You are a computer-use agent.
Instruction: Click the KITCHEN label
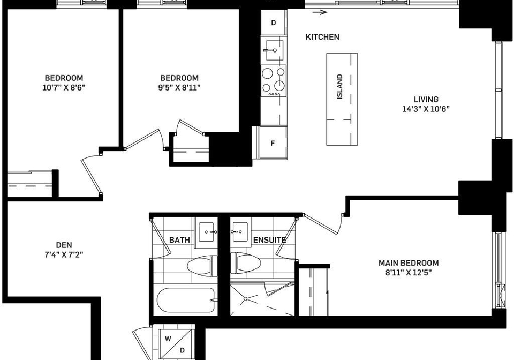pos(322,37)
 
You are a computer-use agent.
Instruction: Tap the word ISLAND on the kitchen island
pos(339,87)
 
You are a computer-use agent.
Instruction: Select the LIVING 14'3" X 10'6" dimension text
pos(426,104)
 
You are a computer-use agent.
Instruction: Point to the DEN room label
pos(64,245)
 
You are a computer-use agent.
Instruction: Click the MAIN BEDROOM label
pos(409,263)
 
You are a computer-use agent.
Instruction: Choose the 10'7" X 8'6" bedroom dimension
pos(64,87)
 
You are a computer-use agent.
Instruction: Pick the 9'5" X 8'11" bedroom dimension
pos(179,87)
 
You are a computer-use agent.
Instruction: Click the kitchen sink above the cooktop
pos(274,50)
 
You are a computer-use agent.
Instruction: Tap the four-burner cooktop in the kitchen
pos(274,81)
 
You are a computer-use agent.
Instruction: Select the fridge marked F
pos(273,143)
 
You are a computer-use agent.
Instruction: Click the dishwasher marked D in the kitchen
pos(274,22)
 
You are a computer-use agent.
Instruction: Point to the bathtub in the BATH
pos(186,301)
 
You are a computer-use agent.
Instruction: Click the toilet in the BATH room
pos(202,265)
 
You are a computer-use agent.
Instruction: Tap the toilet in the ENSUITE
pos(246,262)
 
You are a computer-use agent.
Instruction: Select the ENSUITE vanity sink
pos(240,232)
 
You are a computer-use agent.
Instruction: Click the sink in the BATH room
pos(206,232)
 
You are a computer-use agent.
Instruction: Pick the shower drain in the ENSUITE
pos(245,299)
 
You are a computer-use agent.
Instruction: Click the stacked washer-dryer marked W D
pos(175,344)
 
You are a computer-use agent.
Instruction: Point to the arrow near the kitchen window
pos(320,12)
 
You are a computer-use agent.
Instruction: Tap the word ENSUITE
pos(269,241)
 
